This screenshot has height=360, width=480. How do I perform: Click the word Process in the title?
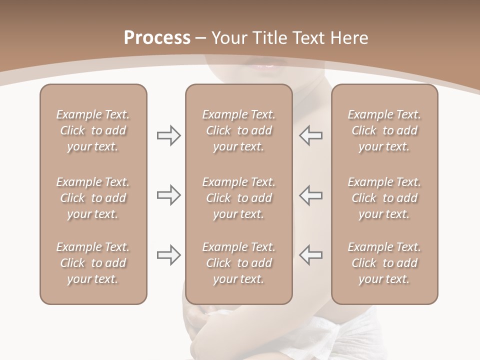click(157, 37)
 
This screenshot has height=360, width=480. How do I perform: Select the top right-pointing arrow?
click(168, 135)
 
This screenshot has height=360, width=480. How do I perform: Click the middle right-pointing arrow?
click(168, 195)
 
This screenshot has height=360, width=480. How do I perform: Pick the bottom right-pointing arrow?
click(168, 255)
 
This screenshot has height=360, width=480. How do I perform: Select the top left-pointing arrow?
click(310, 135)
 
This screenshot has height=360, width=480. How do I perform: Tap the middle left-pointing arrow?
click(310, 195)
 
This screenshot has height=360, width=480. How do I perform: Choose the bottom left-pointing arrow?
click(310, 255)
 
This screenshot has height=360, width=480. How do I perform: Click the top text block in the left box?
click(93, 130)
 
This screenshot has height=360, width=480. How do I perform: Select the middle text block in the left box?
click(93, 198)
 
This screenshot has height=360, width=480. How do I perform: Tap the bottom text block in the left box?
click(93, 263)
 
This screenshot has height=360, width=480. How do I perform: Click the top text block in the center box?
click(239, 130)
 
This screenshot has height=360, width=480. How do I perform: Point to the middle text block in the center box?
click(239, 198)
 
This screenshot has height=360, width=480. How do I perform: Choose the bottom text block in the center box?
click(239, 263)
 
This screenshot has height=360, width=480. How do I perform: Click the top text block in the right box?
click(384, 130)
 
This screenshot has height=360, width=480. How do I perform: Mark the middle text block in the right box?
click(384, 198)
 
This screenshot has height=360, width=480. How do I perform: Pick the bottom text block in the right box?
click(384, 263)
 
